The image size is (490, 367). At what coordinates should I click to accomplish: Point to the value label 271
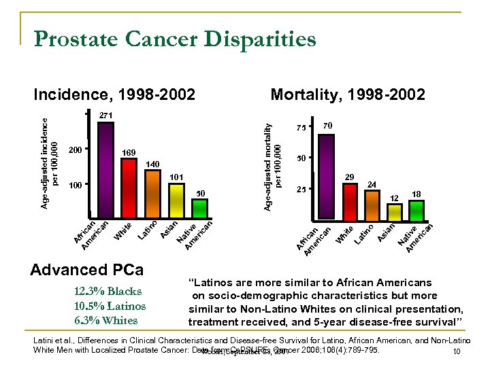click(x=105, y=116)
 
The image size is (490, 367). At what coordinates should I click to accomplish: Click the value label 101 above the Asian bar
click(x=176, y=177)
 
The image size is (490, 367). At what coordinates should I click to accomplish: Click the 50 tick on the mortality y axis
click(x=302, y=158)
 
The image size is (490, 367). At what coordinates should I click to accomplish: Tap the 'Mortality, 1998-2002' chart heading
click(x=348, y=94)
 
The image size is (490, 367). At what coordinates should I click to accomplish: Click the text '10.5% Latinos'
click(x=109, y=305)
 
